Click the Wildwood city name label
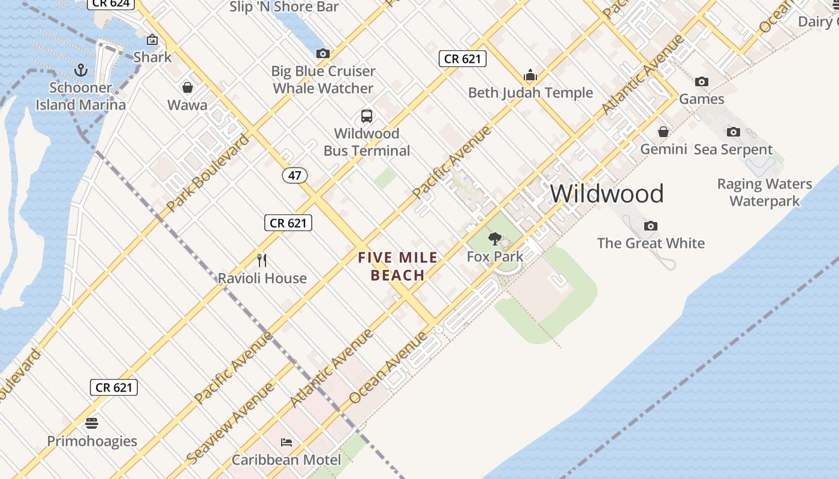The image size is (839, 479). (606, 194)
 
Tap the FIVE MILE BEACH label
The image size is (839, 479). (398, 266)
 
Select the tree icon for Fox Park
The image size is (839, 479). (495, 239)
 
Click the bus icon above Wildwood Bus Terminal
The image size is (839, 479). (367, 116)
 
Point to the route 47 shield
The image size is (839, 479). (295, 175)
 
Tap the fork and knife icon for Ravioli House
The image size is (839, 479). (262, 260)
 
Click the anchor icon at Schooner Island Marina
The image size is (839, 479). (80, 71)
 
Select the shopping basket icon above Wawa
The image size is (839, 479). (188, 88)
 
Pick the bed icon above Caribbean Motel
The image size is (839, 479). (286, 442)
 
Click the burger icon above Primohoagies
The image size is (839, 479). (92, 423)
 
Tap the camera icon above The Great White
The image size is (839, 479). (651, 226)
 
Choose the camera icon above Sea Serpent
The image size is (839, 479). (734, 132)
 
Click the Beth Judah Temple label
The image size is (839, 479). (530, 93)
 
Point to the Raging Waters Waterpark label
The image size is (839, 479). (765, 192)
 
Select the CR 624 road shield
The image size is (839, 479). (111, 4)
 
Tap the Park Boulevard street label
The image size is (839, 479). (207, 173)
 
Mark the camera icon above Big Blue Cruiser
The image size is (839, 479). (323, 54)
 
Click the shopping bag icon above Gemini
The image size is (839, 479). (663, 132)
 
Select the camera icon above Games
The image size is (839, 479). (702, 81)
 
